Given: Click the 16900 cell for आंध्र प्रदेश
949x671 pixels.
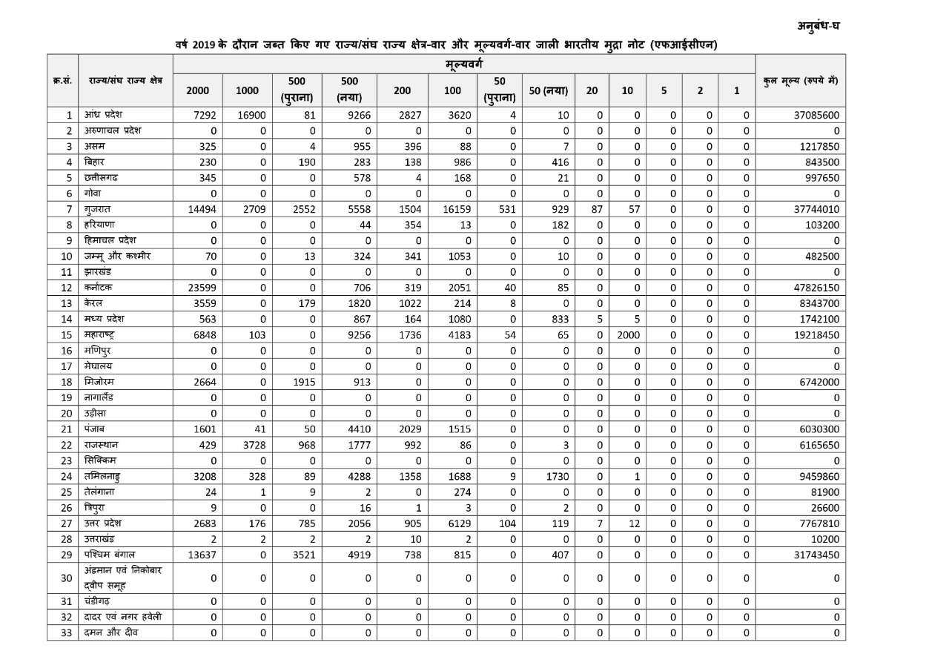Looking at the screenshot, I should [248, 116].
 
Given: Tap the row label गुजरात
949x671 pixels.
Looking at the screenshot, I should [99, 209].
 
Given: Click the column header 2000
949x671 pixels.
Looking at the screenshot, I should [197, 91].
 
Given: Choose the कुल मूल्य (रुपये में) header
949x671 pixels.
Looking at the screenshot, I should [800, 81].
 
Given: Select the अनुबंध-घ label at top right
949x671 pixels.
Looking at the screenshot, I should [819, 26].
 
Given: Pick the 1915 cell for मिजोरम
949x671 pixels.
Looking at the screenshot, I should [302, 382].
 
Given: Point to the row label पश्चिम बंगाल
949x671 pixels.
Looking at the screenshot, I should [110, 555].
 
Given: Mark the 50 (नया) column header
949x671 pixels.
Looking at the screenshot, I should [549, 91].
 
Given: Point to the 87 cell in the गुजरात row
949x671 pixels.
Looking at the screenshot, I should [593, 209].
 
